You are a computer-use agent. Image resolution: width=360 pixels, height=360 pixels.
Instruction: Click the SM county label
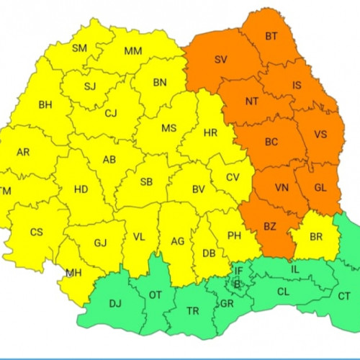(80, 48)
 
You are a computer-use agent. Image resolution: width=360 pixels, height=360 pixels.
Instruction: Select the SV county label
(220, 60)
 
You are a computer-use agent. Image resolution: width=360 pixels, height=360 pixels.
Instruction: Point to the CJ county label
(110, 113)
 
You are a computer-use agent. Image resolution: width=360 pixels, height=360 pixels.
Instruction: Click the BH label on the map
(45, 104)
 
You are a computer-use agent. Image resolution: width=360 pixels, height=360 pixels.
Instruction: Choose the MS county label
(168, 128)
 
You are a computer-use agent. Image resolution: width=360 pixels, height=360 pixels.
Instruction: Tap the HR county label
(210, 133)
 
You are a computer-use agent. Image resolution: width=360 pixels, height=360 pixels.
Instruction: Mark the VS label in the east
(320, 134)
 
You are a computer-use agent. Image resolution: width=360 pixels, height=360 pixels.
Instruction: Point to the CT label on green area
(344, 296)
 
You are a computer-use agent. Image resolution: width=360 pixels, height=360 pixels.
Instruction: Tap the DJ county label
(115, 304)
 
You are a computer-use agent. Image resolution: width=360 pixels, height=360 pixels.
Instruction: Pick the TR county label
(193, 311)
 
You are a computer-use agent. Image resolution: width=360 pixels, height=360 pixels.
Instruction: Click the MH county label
(73, 273)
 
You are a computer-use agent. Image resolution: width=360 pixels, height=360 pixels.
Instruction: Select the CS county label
(37, 232)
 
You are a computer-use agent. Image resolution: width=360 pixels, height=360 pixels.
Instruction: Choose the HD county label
(81, 189)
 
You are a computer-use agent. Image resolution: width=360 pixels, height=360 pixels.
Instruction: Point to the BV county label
(199, 189)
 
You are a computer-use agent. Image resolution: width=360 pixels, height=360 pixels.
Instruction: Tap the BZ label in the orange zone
(269, 226)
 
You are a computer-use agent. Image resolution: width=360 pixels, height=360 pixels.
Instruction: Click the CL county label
(283, 292)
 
